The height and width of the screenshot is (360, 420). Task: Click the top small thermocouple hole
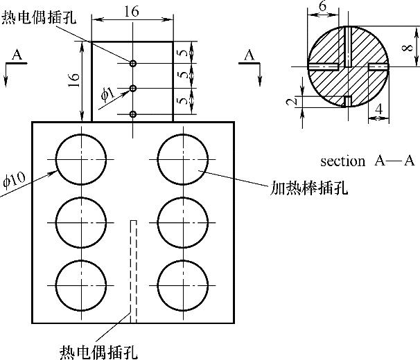[x=133, y=64]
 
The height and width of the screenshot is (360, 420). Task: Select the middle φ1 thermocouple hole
[x=133, y=89]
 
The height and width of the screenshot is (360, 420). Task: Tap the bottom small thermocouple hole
[x=133, y=114]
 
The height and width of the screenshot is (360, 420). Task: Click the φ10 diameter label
[x=15, y=179]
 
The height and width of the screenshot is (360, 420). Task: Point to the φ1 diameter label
[x=107, y=95]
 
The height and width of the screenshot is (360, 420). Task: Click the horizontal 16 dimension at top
[x=132, y=12]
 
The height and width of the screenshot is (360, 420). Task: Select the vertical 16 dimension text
[x=74, y=80]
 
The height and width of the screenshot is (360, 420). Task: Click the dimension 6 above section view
[x=323, y=6]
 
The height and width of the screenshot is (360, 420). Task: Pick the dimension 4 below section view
[x=378, y=109]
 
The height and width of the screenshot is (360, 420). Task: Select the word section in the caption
[x=343, y=161]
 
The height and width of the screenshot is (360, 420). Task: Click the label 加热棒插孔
[x=309, y=188]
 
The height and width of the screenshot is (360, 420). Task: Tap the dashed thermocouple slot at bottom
[x=133, y=271]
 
